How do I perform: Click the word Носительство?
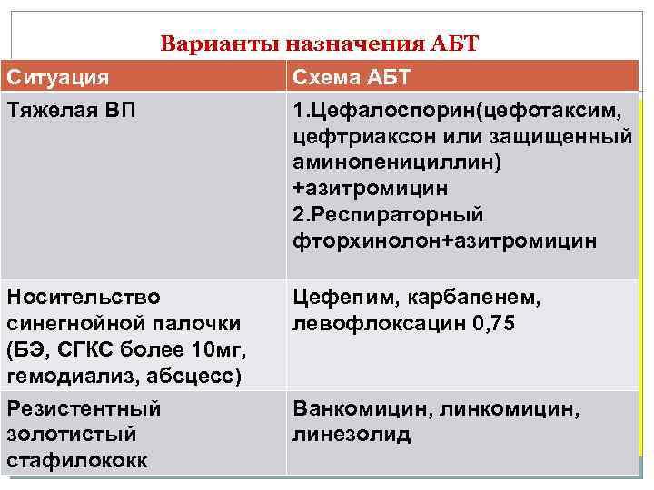tap(84, 298)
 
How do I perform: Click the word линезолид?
tap(351, 435)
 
